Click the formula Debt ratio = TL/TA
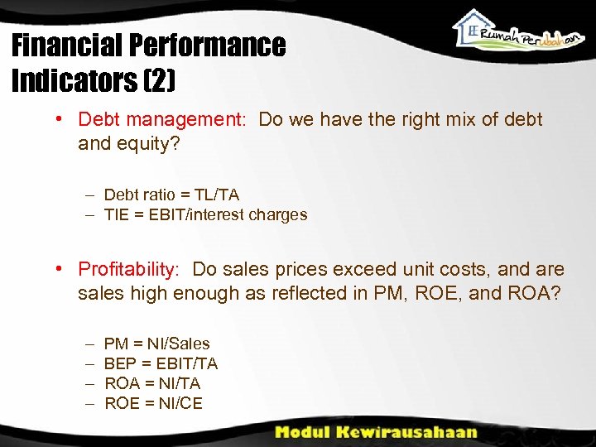[171, 195]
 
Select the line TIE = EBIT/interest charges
[205, 214]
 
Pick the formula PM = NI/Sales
[156, 344]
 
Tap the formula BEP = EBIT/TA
[161, 363]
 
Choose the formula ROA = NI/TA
[152, 383]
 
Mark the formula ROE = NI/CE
[153, 403]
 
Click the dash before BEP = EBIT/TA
[89, 363]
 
